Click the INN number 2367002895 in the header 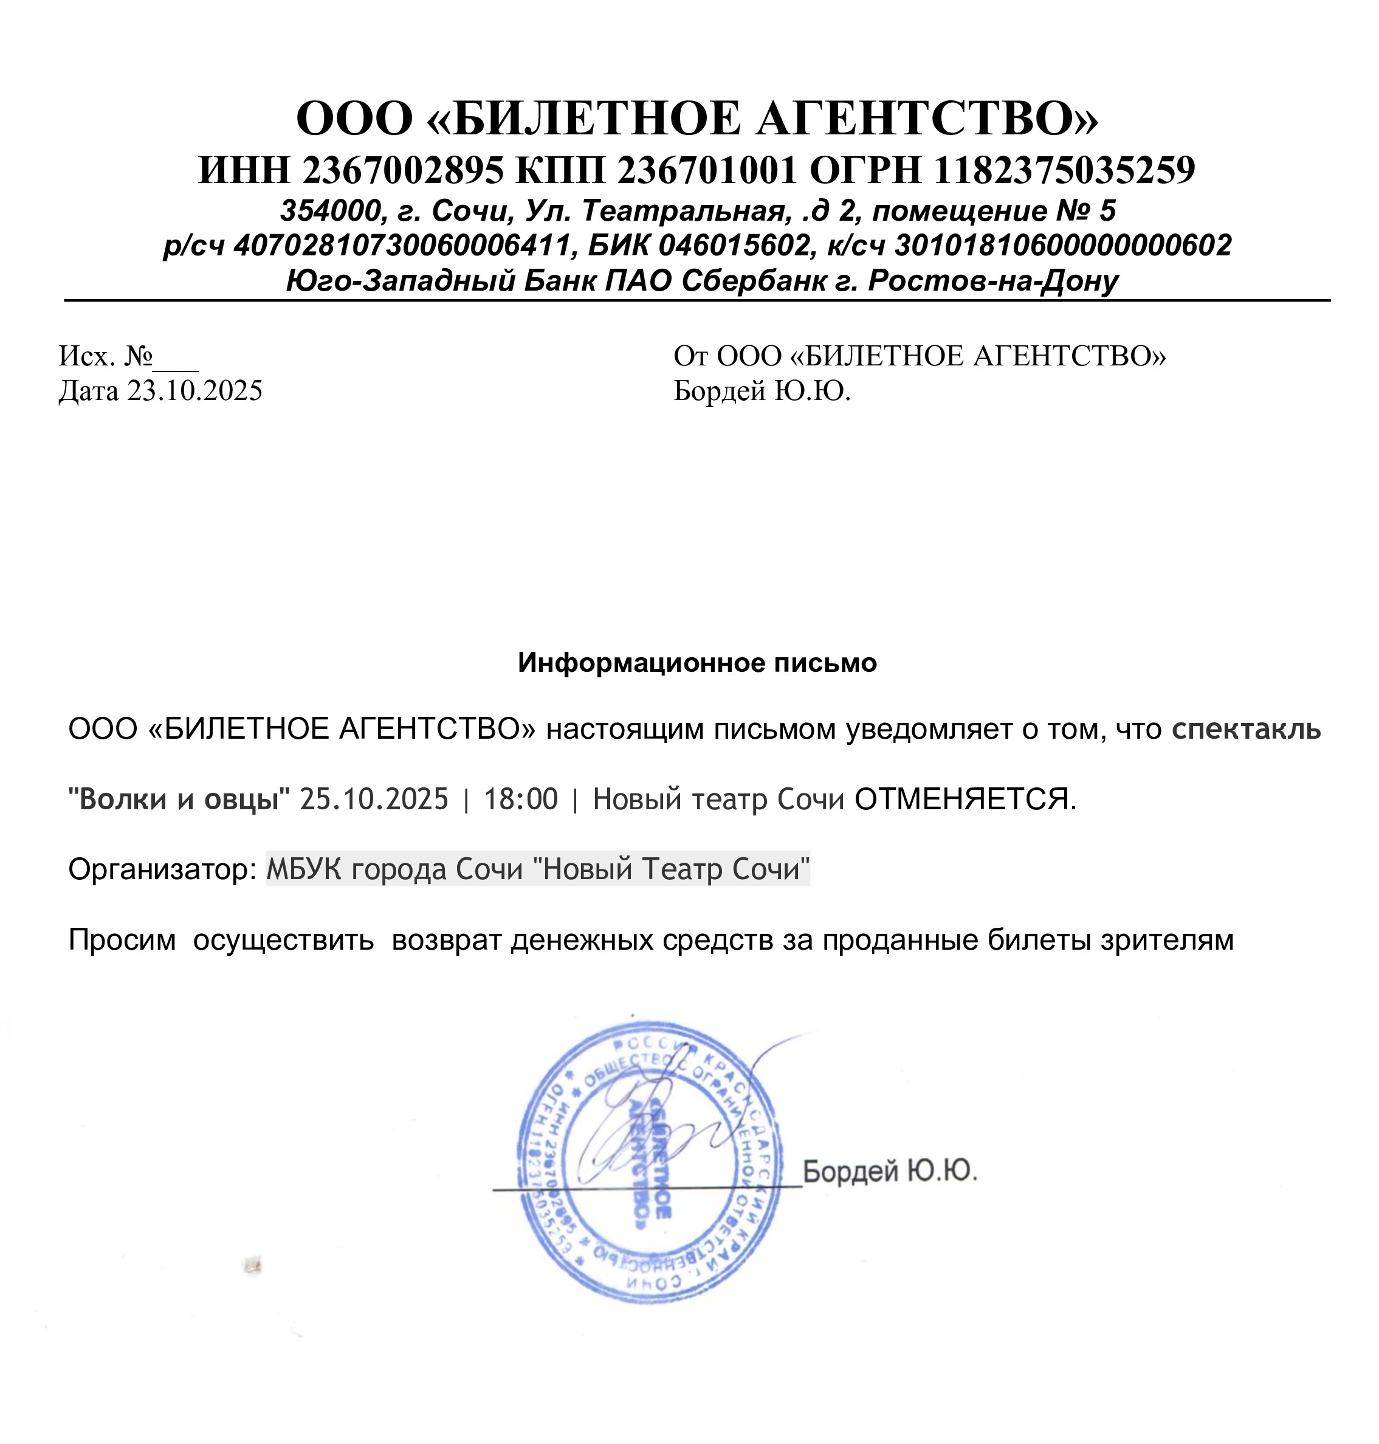402,171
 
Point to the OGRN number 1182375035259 1064,171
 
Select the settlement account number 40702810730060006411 403,246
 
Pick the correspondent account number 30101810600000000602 1062,246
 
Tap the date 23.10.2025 195,390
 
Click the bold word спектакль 1247,730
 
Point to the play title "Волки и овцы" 179,799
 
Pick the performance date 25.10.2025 374,799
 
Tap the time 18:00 520,799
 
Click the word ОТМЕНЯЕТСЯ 965,799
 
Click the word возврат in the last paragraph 448,939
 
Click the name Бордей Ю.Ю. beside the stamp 889,1170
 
